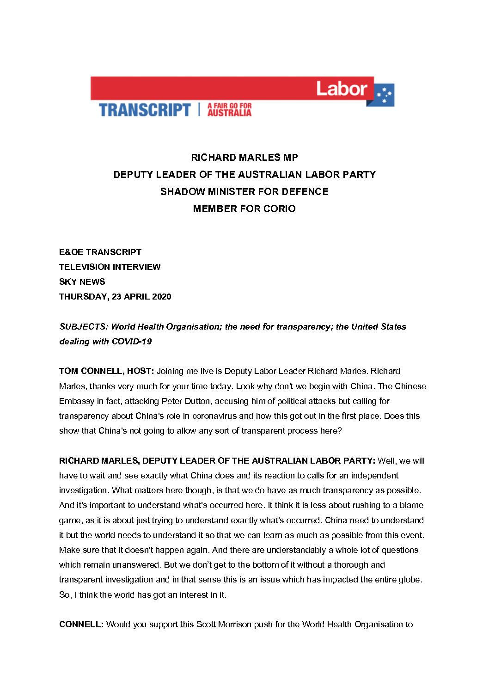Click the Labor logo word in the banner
coord(342,88)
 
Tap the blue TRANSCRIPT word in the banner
coord(145,110)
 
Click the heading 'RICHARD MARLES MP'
coord(245,157)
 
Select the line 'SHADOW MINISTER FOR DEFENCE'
coord(245,191)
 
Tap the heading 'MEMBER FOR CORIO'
coord(245,208)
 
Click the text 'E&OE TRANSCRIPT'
coord(100,252)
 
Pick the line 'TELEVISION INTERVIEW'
coord(110,267)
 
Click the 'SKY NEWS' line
coord(82,282)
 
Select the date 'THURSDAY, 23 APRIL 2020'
coord(115,296)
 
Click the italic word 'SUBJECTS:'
coord(84,326)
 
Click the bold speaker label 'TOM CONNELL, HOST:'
coord(107,371)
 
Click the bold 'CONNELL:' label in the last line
coord(81,624)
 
